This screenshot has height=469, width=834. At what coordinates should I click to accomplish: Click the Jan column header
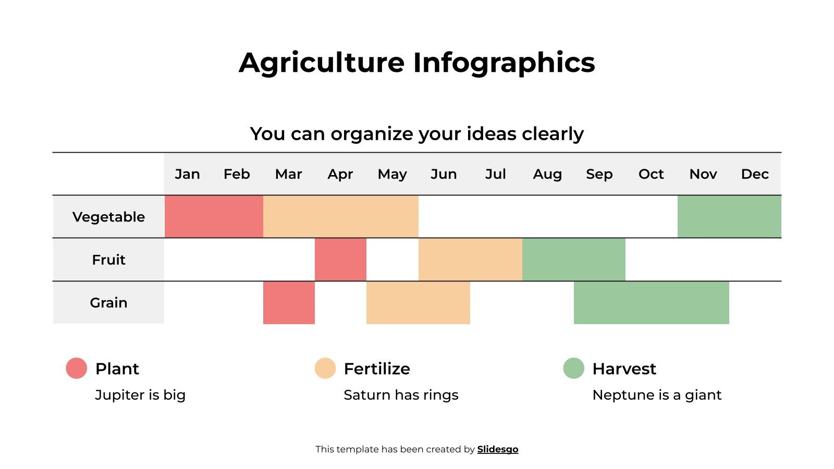click(x=187, y=174)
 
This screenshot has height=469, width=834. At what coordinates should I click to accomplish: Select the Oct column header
click(x=651, y=174)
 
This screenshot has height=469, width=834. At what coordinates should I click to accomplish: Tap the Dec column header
click(x=755, y=174)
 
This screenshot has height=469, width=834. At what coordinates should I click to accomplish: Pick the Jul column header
click(x=495, y=174)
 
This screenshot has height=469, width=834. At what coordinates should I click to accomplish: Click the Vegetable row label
click(x=108, y=217)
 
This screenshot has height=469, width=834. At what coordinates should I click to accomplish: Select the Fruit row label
click(x=108, y=260)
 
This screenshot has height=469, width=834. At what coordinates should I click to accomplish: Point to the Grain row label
click(x=108, y=302)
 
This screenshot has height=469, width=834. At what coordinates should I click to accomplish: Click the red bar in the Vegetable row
click(x=214, y=217)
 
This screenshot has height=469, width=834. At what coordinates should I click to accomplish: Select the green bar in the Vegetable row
click(x=729, y=217)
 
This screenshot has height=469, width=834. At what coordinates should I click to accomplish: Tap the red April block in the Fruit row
click(x=340, y=260)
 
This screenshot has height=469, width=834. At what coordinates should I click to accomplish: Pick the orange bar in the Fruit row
click(x=470, y=260)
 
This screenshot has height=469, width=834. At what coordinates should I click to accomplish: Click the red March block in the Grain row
click(x=289, y=302)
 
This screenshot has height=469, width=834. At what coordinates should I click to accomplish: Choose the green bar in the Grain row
click(x=651, y=302)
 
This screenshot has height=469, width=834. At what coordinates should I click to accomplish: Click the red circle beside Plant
click(x=77, y=368)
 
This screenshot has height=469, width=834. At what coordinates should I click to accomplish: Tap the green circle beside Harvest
click(x=573, y=368)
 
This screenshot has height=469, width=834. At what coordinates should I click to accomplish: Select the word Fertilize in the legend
click(x=377, y=368)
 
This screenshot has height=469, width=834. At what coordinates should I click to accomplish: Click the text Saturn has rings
click(x=401, y=395)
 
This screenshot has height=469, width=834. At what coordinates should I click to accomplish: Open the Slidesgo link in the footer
click(x=497, y=449)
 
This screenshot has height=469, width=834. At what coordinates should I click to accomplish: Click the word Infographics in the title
click(x=504, y=63)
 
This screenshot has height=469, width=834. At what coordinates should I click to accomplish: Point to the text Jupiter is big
click(x=140, y=395)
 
